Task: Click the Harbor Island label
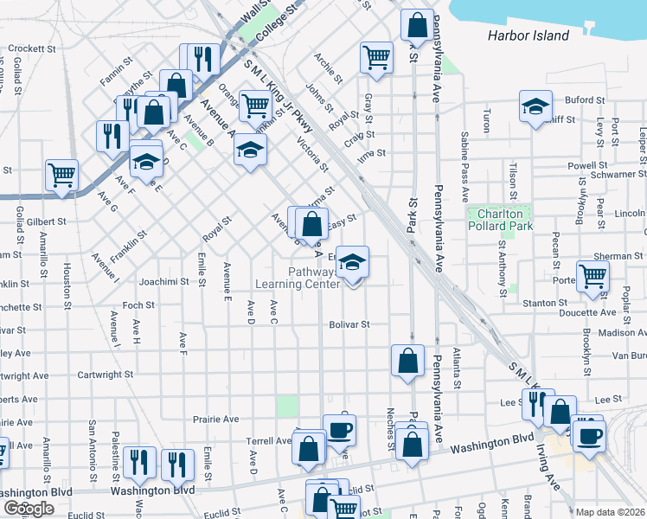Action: (x=528, y=35)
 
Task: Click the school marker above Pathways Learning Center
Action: (x=352, y=263)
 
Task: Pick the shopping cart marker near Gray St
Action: (x=376, y=58)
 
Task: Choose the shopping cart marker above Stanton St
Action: (x=593, y=276)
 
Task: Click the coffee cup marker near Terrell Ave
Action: (x=339, y=429)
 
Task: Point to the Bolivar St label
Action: (x=349, y=325)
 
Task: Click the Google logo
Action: (x=29, y=509)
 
